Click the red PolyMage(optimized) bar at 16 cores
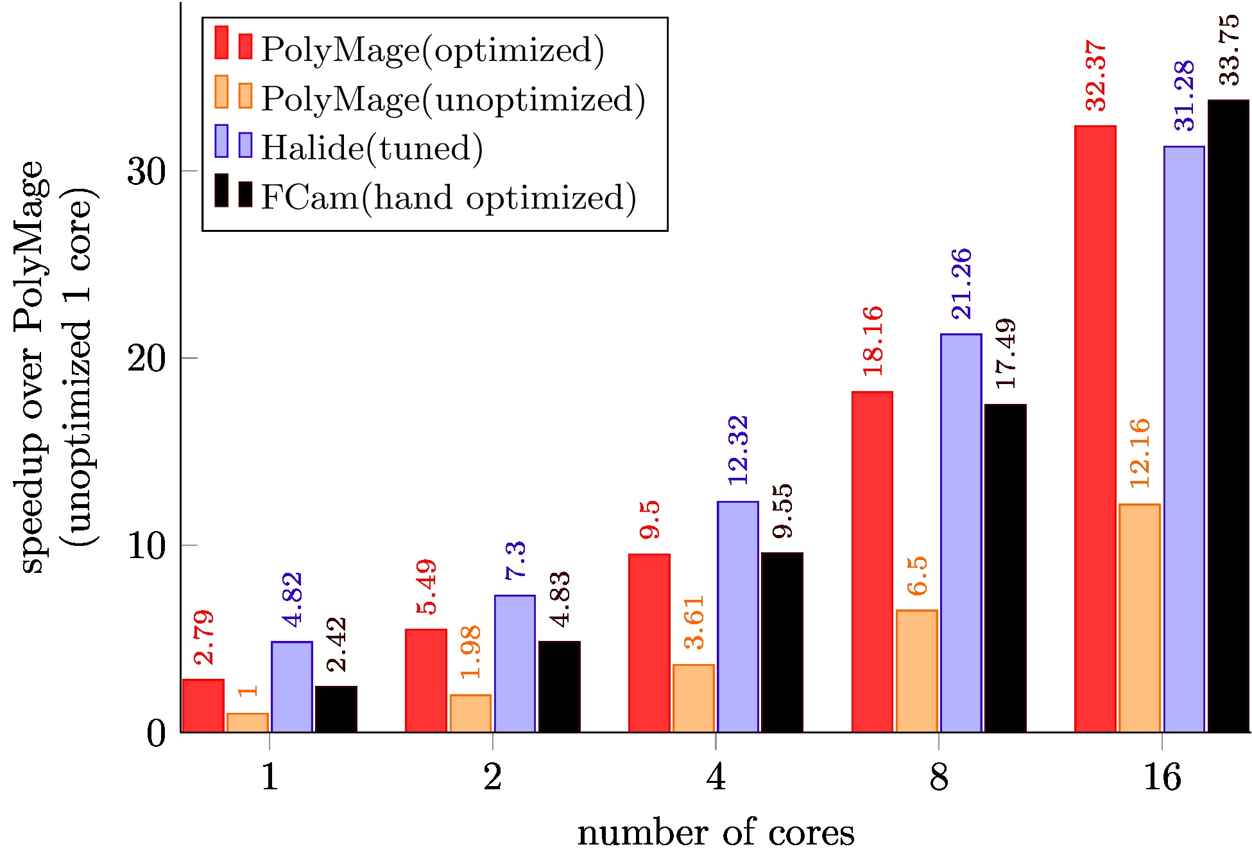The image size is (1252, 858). click(1095, 429)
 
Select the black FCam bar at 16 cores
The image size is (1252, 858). click(1228, 416)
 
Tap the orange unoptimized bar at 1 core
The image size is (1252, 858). click(247, 722)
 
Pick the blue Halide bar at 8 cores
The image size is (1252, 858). click(961, 533)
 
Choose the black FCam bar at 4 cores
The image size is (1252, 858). click(782, 642)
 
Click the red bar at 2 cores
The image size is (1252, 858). click(425, 681)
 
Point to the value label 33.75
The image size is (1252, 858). click(1229, 50)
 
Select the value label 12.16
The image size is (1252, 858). click(1140, 453)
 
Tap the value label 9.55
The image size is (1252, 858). click(782, 511)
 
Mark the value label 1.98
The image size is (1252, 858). click(470, 652)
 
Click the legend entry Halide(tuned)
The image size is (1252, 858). click(372, 148)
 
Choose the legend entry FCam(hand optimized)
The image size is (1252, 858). click(448, 197)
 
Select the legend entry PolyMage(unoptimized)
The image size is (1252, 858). click(452, 99)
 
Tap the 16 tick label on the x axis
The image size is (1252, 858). click(1162, 778)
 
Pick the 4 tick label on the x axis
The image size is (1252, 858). click(716, 778)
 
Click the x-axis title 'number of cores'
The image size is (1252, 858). click(716, 834)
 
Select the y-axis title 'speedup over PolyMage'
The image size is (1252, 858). click(32, 366)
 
